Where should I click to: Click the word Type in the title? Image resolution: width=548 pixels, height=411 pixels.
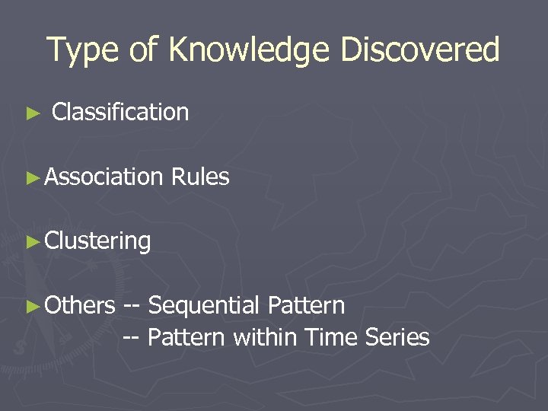(x=81, y=50)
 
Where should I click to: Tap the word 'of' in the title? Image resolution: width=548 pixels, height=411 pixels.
(x=143, y=50)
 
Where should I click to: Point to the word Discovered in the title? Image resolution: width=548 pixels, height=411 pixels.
(x=420, y=49)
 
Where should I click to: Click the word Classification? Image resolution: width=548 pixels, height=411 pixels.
(x=120, y=112)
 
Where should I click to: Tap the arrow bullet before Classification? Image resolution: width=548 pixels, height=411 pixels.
(x=32, y=113)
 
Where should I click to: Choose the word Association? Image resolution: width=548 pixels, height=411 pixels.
(x=104, y=177)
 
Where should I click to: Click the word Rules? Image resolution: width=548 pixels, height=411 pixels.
(x=200, y=177)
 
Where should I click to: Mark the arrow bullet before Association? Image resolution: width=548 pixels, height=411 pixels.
(x=32, y=177)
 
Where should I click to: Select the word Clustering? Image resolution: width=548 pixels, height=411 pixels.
(x=98, y=241)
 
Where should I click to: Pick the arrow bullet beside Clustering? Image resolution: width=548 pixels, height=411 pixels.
(x=32, y=242)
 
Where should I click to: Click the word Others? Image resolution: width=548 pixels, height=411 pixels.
(x=80, y=305)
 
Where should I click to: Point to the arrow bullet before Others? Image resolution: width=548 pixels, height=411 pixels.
(x=32, y=306)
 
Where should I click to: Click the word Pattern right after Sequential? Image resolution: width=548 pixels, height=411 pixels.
(x=306, y=305)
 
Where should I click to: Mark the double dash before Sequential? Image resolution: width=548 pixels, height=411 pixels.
(x=132, y=306)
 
